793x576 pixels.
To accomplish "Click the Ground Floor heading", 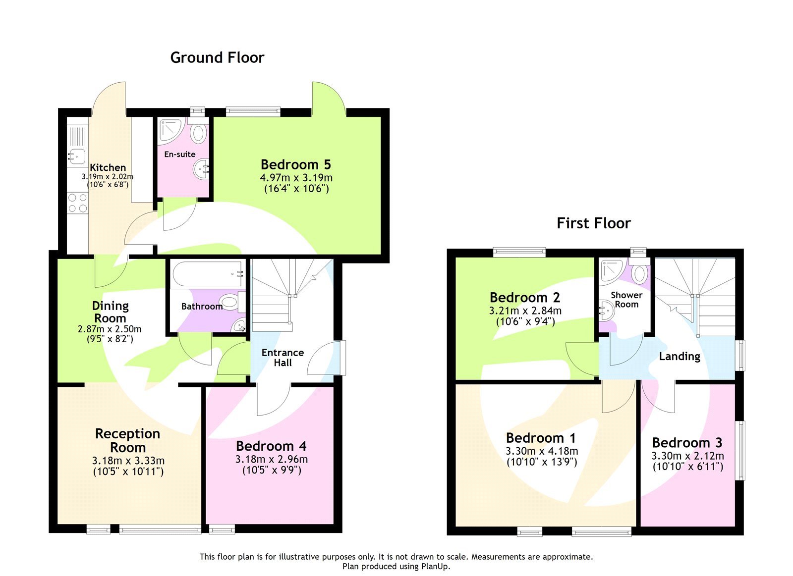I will tap(217, 58).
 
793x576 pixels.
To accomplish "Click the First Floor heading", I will tap(593, 223).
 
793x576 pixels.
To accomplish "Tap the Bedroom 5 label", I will tap(295, 164).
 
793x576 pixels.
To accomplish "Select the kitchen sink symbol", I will tap(76, 156).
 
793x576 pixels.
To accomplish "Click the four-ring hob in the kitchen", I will tap(77, 203).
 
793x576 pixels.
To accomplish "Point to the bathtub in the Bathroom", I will tap(207, 274).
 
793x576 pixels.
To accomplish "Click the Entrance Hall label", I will tap(283, 357).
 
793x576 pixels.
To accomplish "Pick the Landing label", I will tap(679, 356).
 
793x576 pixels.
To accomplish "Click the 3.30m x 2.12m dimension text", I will tap(687, 456).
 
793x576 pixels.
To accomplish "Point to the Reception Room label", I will tap(127, 440).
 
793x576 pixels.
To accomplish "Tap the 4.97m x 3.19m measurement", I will tap(296, 177).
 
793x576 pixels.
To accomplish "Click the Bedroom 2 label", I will tap(524, 297).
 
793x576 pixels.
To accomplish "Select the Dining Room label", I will tap(110, 312).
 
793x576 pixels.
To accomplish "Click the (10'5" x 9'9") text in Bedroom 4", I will tap(272, 470).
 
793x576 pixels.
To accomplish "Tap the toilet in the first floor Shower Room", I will tap(640, 273).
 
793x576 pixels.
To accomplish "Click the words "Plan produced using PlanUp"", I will tap(396, 566).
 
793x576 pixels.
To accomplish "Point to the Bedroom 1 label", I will tap(541, 438).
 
